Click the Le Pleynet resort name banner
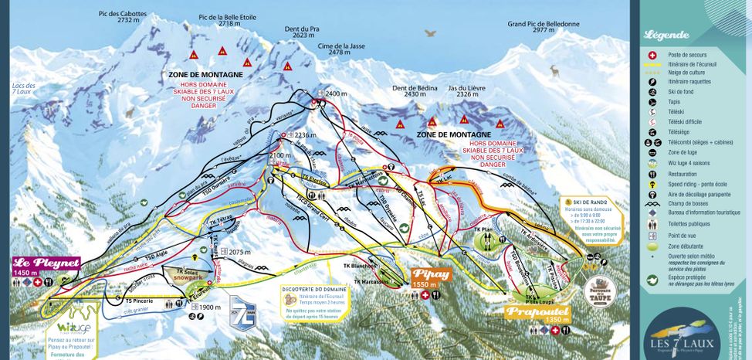tap(46, 263)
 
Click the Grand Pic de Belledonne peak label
tap(544, 24)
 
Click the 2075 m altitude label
tap(241, 252)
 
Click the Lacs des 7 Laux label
tap(25, 89)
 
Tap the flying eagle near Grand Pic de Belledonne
tap(431, 34)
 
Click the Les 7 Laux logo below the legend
tap(679, 332)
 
